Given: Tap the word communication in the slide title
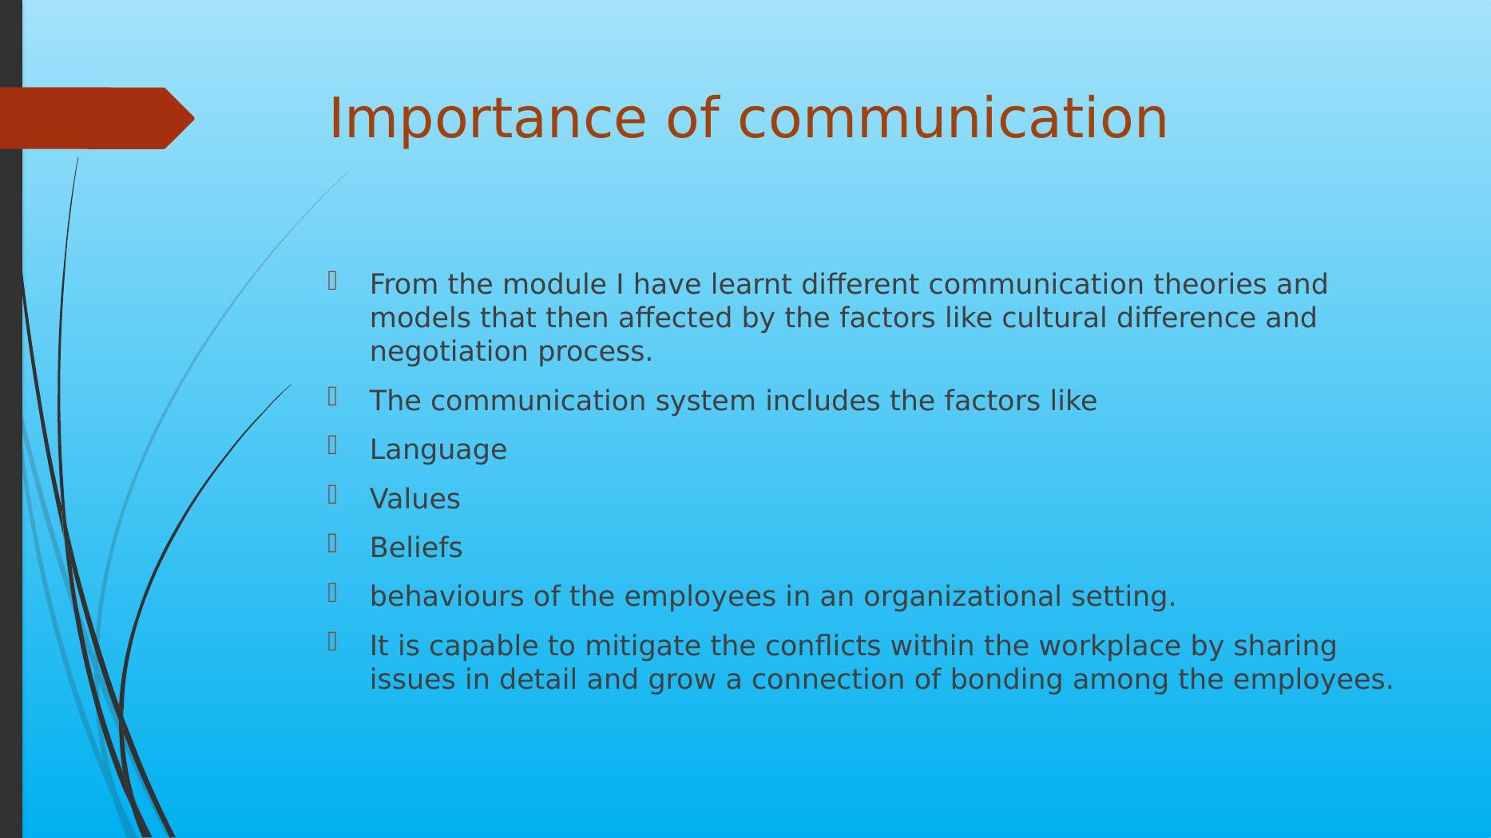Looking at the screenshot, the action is click(953, 118).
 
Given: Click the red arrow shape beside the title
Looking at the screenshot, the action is click(97, 118).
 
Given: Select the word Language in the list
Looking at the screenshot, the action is click(438, 450).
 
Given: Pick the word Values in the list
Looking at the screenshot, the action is click(415, 499).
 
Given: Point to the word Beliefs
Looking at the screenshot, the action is click(416, 547).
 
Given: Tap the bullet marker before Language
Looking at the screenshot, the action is click(332, 445).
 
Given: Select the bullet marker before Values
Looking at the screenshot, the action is click(332, 495).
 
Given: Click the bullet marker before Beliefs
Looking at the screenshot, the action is click(332, 544).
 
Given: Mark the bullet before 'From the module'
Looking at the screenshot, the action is click(332, 281).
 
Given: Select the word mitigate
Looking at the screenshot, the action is click(643, 646).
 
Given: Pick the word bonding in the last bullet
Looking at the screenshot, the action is click(1006, 680).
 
